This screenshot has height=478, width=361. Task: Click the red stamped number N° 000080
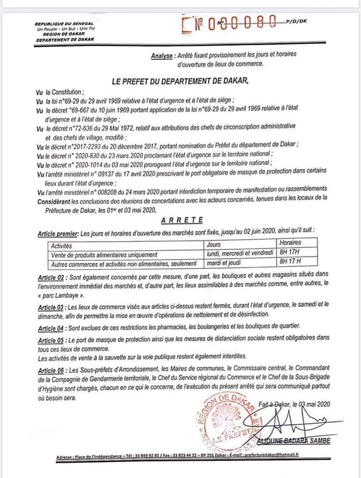coord(234,23)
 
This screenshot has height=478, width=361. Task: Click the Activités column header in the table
coord(61,244)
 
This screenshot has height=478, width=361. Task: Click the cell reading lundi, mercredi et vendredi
coord(241,253)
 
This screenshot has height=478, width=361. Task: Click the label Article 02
coord(52,277)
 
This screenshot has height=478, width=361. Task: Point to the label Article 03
coord(52,307)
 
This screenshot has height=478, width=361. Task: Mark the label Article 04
coord(52,328)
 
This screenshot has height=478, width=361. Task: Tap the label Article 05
coord(52,340)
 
